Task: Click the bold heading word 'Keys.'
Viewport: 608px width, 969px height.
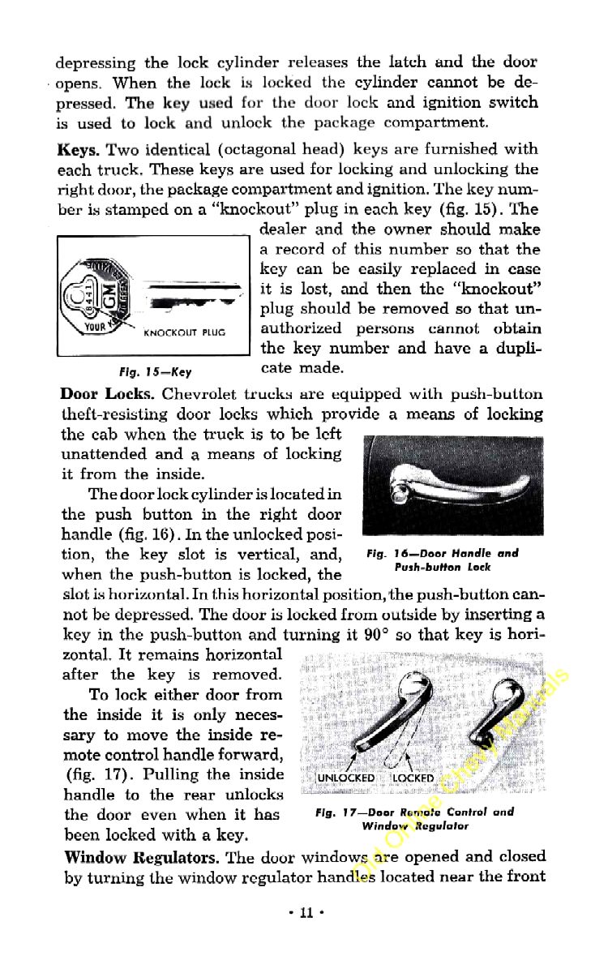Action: tap(78, 150)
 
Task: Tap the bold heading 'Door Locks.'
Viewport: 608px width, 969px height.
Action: tap(107, 395)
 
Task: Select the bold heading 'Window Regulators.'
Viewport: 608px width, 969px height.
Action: tap(141, 857)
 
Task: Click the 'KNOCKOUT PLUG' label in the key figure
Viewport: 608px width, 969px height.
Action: tap(183, 332)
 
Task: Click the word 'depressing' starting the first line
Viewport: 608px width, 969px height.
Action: tap(95, 62)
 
